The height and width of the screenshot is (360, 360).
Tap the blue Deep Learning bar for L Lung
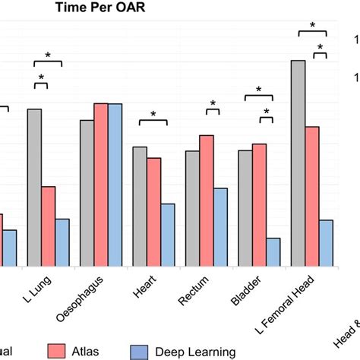click(x=62, y=242)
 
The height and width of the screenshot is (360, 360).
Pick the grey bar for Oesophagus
click(x=87, y=193)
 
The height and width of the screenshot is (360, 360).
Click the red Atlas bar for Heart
click(x=153, y=212)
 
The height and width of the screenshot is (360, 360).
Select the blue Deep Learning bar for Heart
click(x=168, y=235)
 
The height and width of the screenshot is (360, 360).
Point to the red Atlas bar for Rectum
click(x=206, y=201)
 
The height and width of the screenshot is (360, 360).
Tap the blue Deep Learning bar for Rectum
click(x=220, y=227)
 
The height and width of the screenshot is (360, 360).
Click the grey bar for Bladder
click(x=245, y=208)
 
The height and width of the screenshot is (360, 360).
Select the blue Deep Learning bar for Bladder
click(x=273, y=252)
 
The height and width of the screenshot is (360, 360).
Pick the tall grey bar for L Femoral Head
click(x=298, y=163)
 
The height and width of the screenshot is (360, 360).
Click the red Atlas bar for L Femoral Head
click(x=311, y=197)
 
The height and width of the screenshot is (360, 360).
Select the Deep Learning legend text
click(x=195, y=351)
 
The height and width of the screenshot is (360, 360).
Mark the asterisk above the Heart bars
click(x=153, y=115)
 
